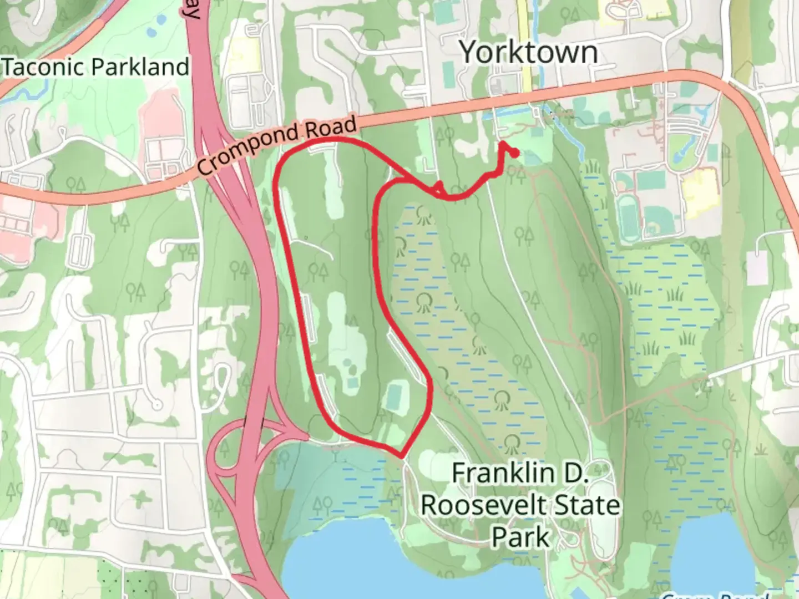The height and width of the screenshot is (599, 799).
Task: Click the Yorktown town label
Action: coord(529,53)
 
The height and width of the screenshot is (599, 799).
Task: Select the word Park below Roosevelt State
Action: coord(520,537)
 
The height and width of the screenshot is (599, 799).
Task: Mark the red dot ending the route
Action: coord(514,153)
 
